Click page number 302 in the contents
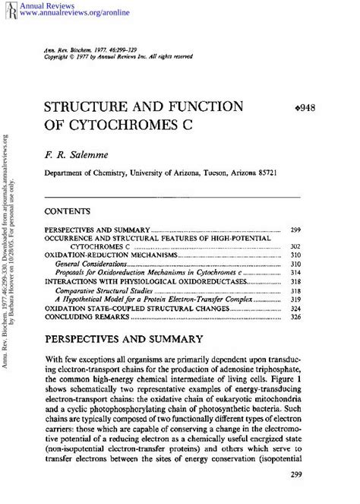point(296,247)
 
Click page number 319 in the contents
point(296,300)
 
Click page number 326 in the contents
point(296,318)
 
